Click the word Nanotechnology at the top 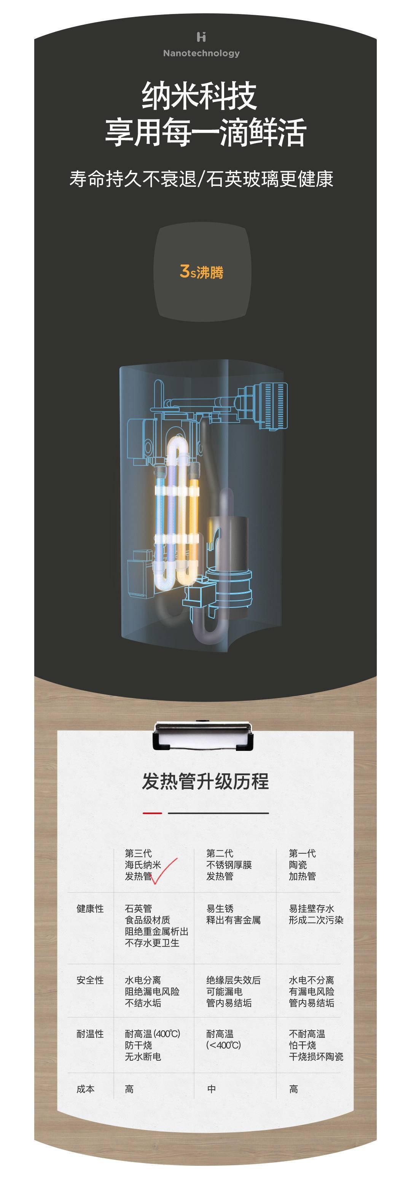[x=201, y=53]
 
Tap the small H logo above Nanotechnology [x=201, y=37]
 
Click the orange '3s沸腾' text [x=201, y=272]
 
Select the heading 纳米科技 [x=199, y=96]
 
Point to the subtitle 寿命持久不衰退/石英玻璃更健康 [x=201, y=179]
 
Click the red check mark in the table [x=163, y=871]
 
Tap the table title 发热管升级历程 [x=205, y=781]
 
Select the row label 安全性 [x=90, y=980]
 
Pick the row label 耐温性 [x=90, y=1034]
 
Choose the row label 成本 [x=86, y=1089]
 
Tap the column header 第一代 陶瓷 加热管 [x=302, y=865]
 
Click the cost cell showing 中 [x=212, y=1089]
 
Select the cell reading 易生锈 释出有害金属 [x=233, y=914]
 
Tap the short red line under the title [x=152, y=813]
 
